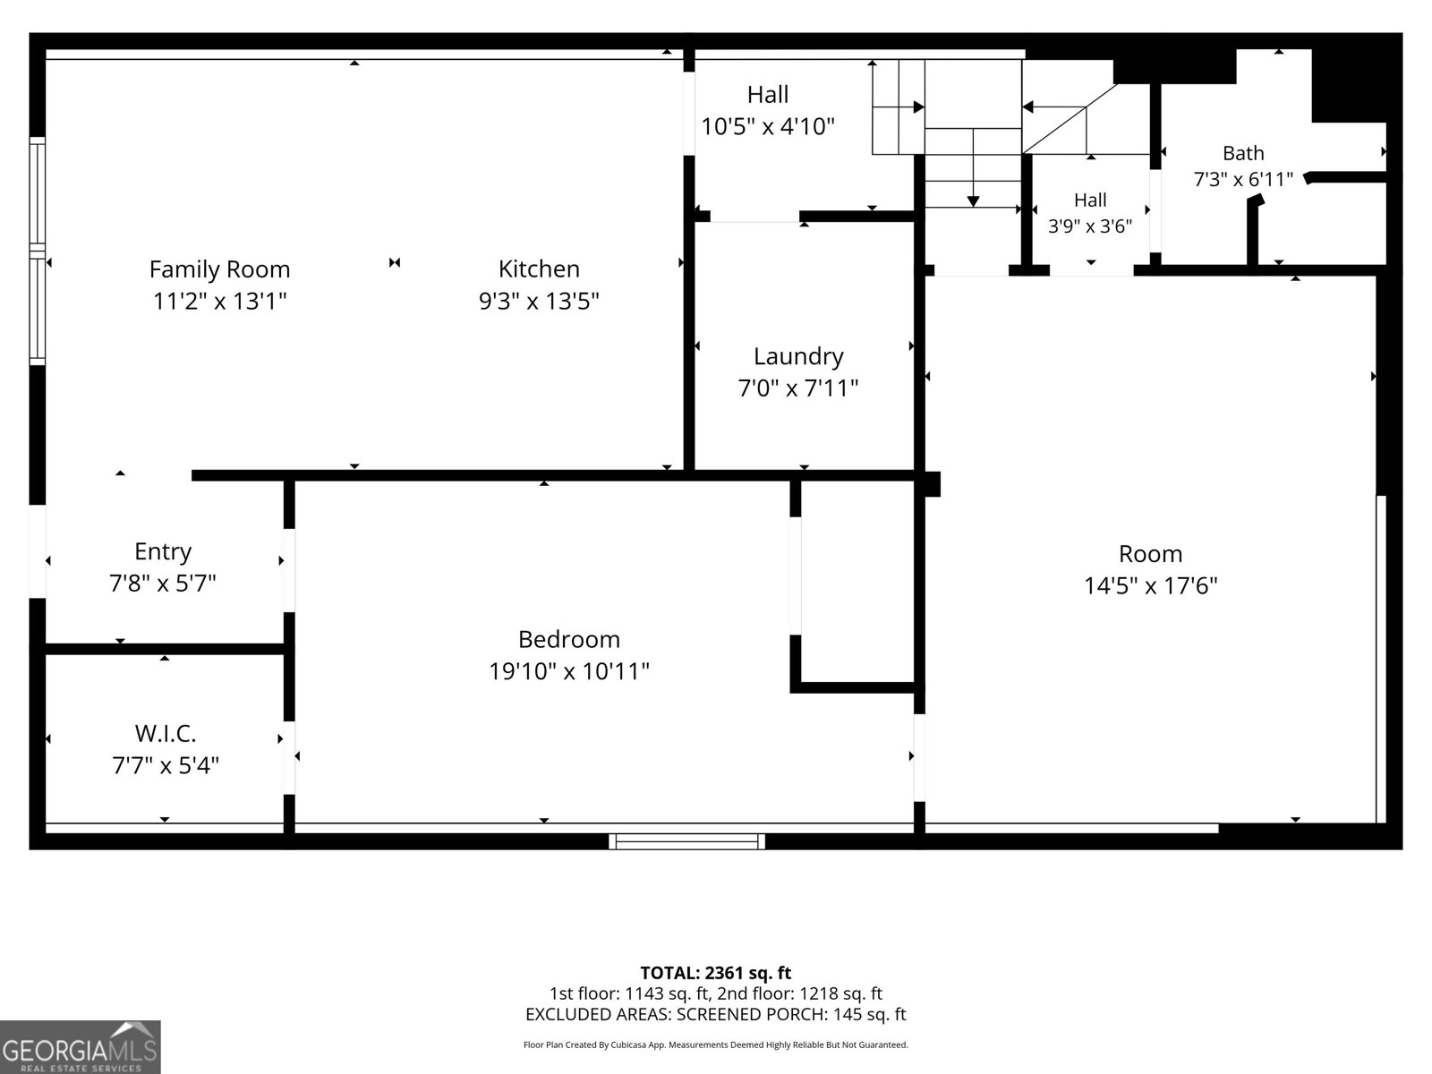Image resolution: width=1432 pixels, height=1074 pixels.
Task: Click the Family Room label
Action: [x=219, y=269]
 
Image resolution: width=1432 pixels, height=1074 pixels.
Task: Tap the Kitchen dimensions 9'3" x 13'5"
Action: [x=539, y=302]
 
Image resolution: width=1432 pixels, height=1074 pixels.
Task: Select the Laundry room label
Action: [x=798, y=357]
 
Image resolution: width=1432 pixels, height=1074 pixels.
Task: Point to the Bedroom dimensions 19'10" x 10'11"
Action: [x=569, y=671]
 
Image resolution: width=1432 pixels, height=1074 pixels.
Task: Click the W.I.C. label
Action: [x=165, y=734]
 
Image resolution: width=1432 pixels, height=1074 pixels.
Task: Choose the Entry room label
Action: [x=163, y=551]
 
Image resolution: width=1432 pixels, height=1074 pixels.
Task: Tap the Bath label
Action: [x=1243, y=153]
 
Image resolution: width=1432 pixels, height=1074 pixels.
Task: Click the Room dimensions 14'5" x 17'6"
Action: [x=1150, y=585]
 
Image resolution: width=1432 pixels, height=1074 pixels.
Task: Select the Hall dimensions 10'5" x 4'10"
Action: [x=768, y=126]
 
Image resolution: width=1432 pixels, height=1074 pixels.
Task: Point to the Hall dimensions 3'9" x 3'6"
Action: [x=1089, y=226]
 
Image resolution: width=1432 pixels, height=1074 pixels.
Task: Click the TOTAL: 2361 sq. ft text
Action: [x=716, y=973]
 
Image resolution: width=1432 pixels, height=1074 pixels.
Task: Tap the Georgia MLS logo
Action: [x=81, y=1046]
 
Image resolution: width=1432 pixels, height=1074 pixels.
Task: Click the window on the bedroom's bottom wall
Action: [x=686, y=841]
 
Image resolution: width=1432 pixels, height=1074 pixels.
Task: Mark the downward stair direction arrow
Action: [x=974, y=167]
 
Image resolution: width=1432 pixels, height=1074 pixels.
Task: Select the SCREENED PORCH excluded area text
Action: [x=791, y=1014]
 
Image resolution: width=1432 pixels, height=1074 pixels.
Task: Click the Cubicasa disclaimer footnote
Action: [x=716, y=1044]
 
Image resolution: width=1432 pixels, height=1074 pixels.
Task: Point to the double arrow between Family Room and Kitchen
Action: [x=395, y=263]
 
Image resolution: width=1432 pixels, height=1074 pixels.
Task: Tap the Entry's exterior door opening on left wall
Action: [x=38, y=551]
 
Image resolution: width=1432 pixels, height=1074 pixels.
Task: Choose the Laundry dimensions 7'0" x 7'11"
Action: [x=797, y=388]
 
